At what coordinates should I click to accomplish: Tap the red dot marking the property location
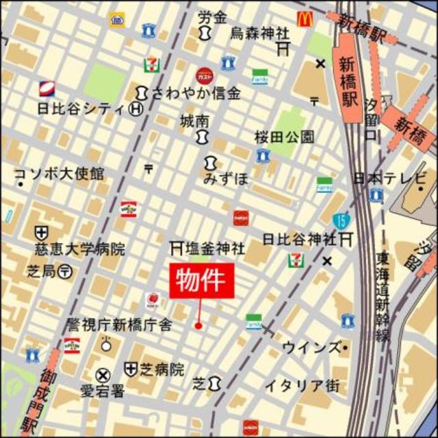(x=198, y=325)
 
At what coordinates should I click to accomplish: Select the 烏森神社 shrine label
(x=259, y=34)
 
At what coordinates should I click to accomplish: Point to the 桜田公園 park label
(x=284, y=136)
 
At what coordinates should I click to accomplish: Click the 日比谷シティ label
(x=80, y=108)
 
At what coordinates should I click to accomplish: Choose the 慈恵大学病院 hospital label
(x=80, y=249)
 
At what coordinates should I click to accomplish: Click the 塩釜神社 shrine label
(x=211, y=246)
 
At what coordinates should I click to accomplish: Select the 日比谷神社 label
(x=299, y=240)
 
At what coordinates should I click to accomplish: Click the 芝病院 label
(x=162, y=370)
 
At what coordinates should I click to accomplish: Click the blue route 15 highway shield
(x=339, y=220)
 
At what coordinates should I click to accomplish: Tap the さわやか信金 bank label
(x=196, y=94)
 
